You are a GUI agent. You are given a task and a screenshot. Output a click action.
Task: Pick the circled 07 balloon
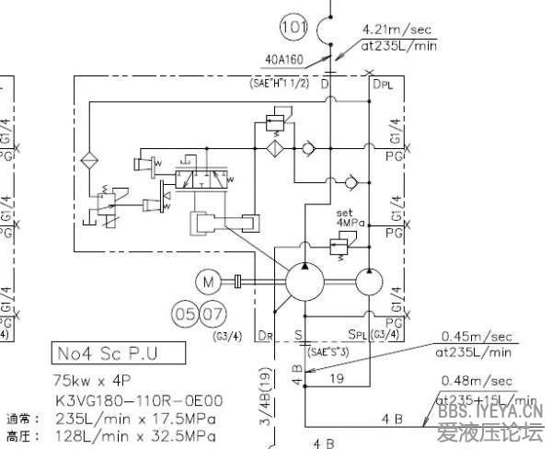tap(213, 315)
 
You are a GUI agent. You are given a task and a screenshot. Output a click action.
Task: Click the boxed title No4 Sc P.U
tap(118, 352)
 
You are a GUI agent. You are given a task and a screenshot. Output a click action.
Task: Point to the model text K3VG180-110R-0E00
tap(137, 401)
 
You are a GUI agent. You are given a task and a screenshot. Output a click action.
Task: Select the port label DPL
tap(382, 85)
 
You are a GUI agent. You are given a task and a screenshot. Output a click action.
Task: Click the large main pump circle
tap(305, 281)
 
